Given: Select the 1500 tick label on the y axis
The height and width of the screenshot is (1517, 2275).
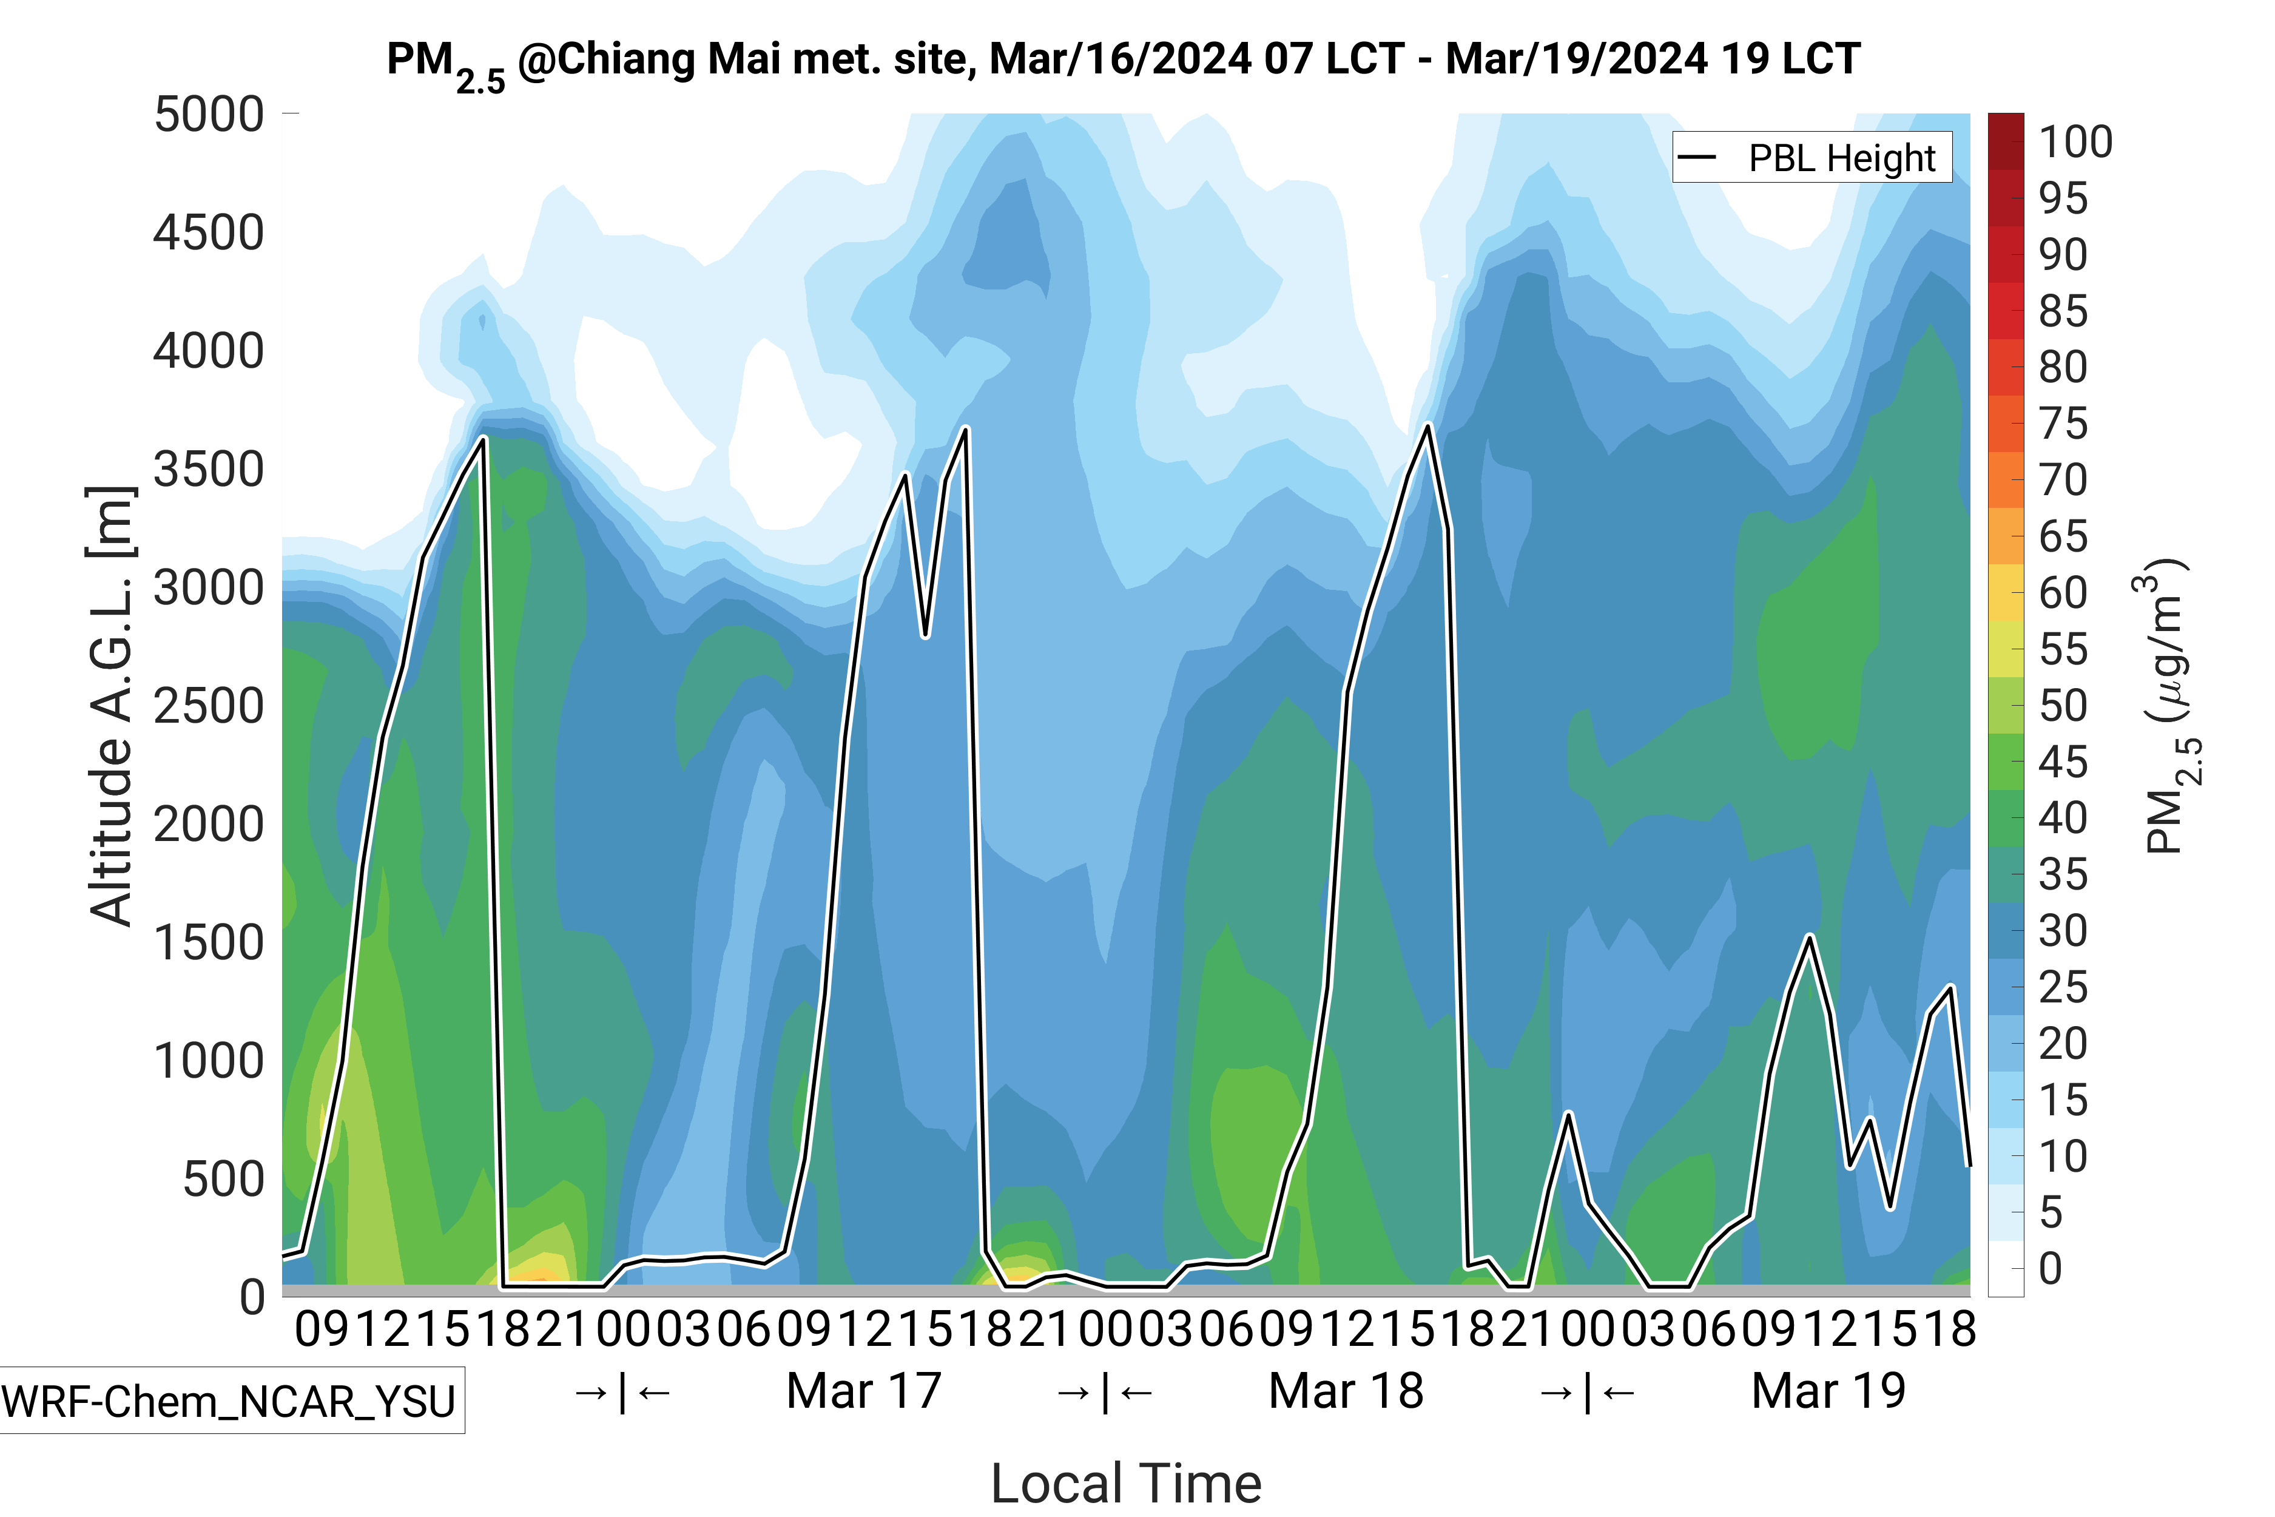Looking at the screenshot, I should pos(208,942).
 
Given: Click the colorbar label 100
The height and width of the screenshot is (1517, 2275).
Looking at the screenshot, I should pos(2075,142).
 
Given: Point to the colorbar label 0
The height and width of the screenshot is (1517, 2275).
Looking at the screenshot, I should pos(2050,1268).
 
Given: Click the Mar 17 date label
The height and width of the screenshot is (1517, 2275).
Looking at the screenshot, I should pos(864,1391).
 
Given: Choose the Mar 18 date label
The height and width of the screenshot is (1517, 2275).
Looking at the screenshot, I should pos(1346,1391).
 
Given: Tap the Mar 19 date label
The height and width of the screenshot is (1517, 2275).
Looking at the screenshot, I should pos(1828,1391).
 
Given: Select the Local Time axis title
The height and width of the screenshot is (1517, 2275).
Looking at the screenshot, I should pos(1126,1483).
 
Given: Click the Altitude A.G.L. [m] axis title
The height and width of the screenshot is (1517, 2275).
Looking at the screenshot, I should pos(110,706).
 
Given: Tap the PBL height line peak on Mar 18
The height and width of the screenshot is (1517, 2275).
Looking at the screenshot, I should pos(1427,427).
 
